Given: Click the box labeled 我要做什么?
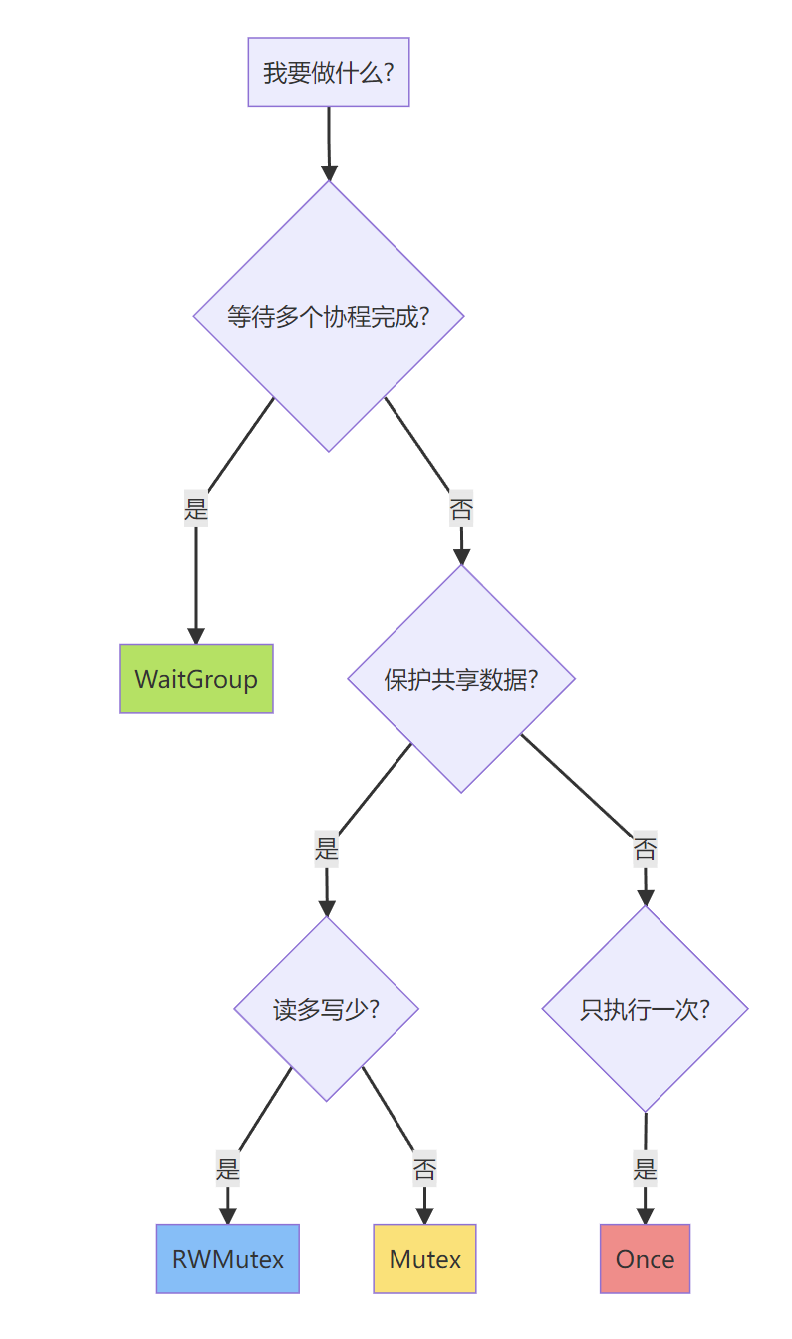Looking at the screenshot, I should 329,72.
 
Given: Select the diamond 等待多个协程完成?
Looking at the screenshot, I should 329,316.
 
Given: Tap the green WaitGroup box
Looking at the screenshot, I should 196,679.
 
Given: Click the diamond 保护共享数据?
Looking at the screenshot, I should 461,679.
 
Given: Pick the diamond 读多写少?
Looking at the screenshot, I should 326,1009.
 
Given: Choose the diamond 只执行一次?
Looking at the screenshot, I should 645,1009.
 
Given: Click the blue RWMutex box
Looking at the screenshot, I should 228,1259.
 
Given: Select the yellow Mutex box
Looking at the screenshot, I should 425,1259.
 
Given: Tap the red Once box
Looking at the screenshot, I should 645,1259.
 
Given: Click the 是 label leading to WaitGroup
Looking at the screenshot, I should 196,509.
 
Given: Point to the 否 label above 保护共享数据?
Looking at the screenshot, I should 461,510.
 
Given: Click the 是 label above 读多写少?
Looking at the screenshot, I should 327,849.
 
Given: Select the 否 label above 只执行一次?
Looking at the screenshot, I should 645,850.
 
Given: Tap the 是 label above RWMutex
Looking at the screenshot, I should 228,1168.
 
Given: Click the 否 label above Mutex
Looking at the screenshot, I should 425,1169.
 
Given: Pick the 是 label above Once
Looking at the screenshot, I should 645,1168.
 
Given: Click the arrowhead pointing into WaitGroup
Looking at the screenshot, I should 196,636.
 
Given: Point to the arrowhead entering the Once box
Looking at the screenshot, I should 645,1216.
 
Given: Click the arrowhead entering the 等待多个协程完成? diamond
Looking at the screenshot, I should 329,172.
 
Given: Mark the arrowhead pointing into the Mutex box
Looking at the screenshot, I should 425,1216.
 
